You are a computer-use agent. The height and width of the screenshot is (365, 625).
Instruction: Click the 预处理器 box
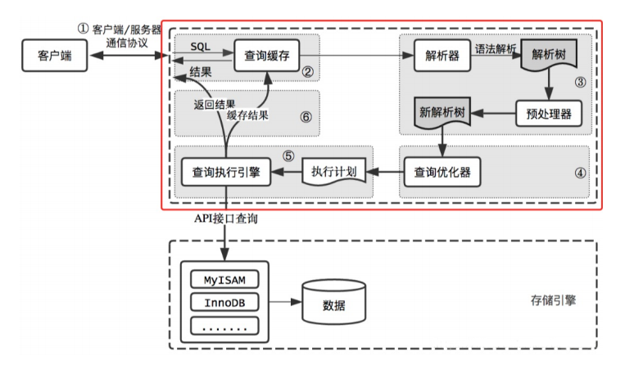[548, 112]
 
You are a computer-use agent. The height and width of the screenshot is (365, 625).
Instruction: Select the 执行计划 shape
[333, 172]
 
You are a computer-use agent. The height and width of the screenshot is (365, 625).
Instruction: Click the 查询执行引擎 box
[225, 172]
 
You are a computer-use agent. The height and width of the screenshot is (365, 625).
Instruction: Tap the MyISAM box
[224, 279]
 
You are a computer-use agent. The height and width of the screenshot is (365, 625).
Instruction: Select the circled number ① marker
[82, 27]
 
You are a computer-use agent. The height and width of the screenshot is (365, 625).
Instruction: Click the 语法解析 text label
[496, 49]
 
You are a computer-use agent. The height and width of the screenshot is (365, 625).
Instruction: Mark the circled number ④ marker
[580, 173]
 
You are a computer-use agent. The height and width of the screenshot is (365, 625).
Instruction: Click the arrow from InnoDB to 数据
[285, 303]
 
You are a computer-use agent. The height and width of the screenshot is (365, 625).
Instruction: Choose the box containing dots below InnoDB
[224, 326]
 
